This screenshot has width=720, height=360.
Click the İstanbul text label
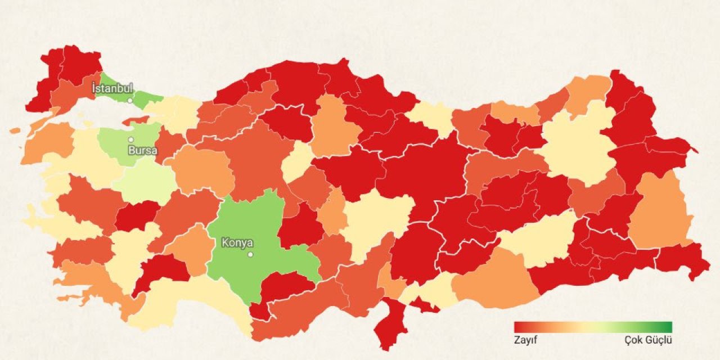(x=112, y=88)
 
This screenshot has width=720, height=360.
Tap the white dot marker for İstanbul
(x=130, y=101)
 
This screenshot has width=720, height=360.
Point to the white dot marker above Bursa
(x=130, y=139)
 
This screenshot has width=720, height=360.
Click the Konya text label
(x=237, y=243)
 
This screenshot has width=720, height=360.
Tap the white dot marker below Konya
(x=250, y=254)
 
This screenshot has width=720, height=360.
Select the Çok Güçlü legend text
(x=648, y=340)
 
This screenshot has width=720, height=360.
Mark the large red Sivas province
(x=427, y=169)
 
